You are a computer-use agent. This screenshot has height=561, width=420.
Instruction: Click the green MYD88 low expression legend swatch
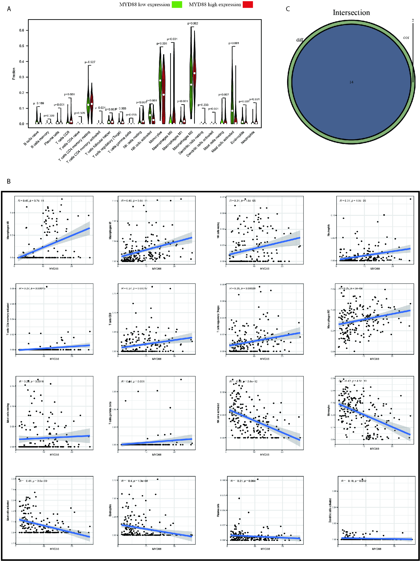pyautogui.click(x=177, y=5)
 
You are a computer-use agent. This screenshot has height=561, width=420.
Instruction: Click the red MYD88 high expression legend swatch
pyautogui.click(x=247, y=5)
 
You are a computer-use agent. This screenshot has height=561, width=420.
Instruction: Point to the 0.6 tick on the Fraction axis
pyautogui.click(x=22, y=30)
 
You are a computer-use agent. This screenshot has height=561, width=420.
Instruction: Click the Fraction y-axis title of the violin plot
pyautogui.click(x=14, y=73)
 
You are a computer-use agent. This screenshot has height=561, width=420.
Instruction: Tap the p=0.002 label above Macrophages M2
pyautogui.click(x=193, y=23)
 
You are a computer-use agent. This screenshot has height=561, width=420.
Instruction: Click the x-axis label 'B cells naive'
pyautogui.click(x=31, y=138)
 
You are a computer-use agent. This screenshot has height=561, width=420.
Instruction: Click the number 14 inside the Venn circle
pyautogui.click(x=351, y=82)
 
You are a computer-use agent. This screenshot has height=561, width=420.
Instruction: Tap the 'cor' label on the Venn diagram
pyautogui.click(x=406, y=37)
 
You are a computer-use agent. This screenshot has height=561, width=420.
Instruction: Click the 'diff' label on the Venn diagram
pyautogui.click(x=299, y=40)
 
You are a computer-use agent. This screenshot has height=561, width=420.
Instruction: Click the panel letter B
pyautogui.click(x=9, y=181)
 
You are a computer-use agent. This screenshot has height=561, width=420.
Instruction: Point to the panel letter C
pyautogui.click(x=288, y=9)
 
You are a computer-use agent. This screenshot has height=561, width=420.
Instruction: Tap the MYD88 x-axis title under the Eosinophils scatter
pyautogui.click(x=157, y=549)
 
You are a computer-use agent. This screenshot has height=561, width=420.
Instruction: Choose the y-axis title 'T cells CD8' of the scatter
pyautogui.click(x=110, y=319)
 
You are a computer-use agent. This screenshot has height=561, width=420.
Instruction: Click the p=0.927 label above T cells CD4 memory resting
pyautogui.click(x=90, y=62)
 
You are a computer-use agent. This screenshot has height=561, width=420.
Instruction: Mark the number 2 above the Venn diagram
pyautogui.click(x=413, y=20)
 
